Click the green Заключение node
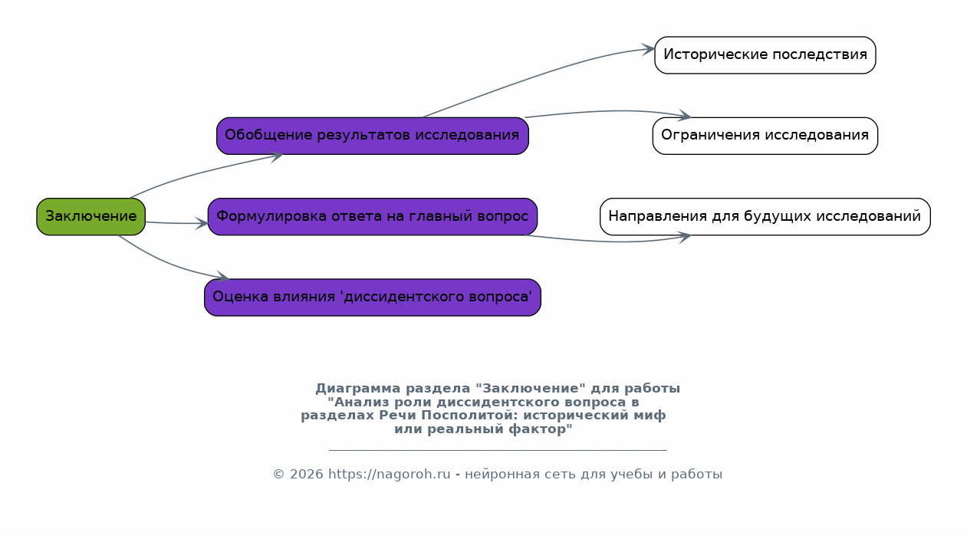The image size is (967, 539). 90,217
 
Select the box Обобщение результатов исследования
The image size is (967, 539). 373,136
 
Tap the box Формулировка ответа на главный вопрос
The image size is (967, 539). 373,217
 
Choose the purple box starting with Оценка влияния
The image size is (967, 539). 373,297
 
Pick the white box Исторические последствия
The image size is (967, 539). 765,55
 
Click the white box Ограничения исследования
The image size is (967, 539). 765,136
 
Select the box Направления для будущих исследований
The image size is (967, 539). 765,217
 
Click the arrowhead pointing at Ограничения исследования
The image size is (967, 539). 685,115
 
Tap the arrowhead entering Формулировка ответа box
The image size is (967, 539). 202,224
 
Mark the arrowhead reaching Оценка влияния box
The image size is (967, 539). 223,277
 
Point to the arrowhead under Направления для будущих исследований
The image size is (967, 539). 685,237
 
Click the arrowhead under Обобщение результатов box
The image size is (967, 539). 277,156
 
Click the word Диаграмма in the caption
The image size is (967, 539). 358,389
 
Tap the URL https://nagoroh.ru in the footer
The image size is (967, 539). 390,475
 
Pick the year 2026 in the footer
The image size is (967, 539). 307,475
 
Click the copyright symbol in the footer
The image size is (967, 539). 279,475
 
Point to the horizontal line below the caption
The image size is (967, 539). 498,450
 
